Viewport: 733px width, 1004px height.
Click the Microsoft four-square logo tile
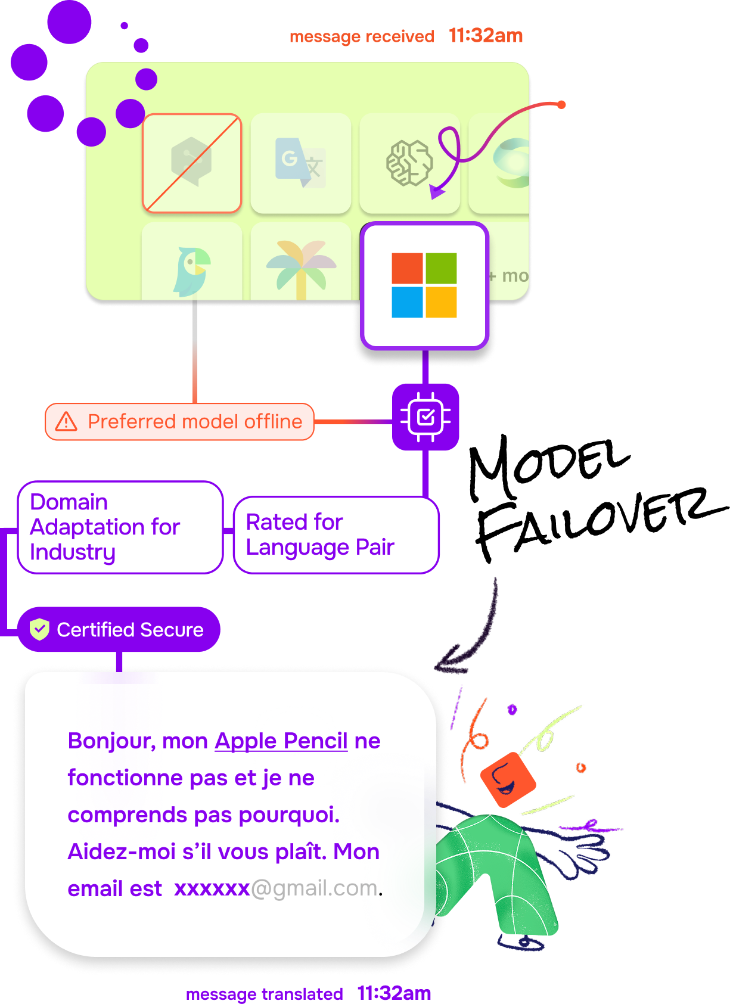pos(424,285)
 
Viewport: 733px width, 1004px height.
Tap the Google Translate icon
pos(300,163)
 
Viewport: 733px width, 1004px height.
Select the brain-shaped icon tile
pos(409,163)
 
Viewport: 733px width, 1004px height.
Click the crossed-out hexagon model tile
pos(192,163)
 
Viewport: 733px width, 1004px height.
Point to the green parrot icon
pos(192,272)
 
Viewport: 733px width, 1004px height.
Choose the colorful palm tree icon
pos(302,268)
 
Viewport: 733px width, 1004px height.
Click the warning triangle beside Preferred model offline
pos(66,421)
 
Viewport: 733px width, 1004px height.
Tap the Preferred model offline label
pos(195,421)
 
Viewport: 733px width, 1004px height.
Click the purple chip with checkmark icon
pos(425,417)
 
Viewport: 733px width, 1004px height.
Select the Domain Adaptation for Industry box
pos(120,527)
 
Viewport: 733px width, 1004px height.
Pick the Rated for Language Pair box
pos(336,534)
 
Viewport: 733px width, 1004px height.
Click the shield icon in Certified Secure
pos(39,629)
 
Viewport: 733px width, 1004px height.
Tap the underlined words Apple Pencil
pos(281,741)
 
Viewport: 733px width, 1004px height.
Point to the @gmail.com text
pos(314,888)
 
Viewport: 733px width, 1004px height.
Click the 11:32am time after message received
pos(486,36)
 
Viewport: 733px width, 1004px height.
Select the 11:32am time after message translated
pos(394,993)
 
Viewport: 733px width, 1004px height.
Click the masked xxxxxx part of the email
pos(212,888)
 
